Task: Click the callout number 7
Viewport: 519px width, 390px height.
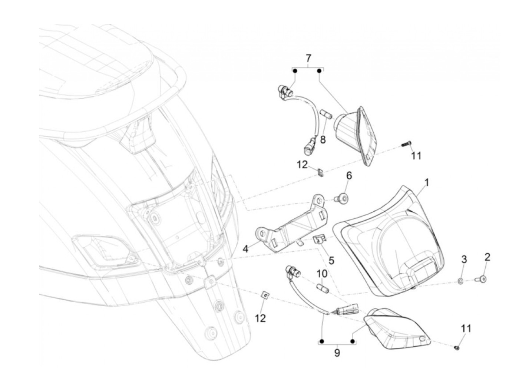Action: (x=308, y=58)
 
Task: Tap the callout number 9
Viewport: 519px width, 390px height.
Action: (x=337, y=353)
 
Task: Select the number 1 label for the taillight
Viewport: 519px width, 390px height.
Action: (x=427, y=182)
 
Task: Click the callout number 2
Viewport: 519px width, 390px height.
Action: (x=487, y=257)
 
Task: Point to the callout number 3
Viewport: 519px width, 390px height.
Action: (x=464, y=259)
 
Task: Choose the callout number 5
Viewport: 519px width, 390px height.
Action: (x=331, y=260)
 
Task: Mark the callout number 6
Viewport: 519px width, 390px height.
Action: (x=348, y=175)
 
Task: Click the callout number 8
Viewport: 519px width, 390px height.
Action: (x=323, y=140)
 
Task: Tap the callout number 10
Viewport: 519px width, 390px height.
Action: (x=322, y=274)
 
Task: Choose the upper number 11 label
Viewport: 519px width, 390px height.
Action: (x=416, y=156)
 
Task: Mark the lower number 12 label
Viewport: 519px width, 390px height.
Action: (x=261, y=318)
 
